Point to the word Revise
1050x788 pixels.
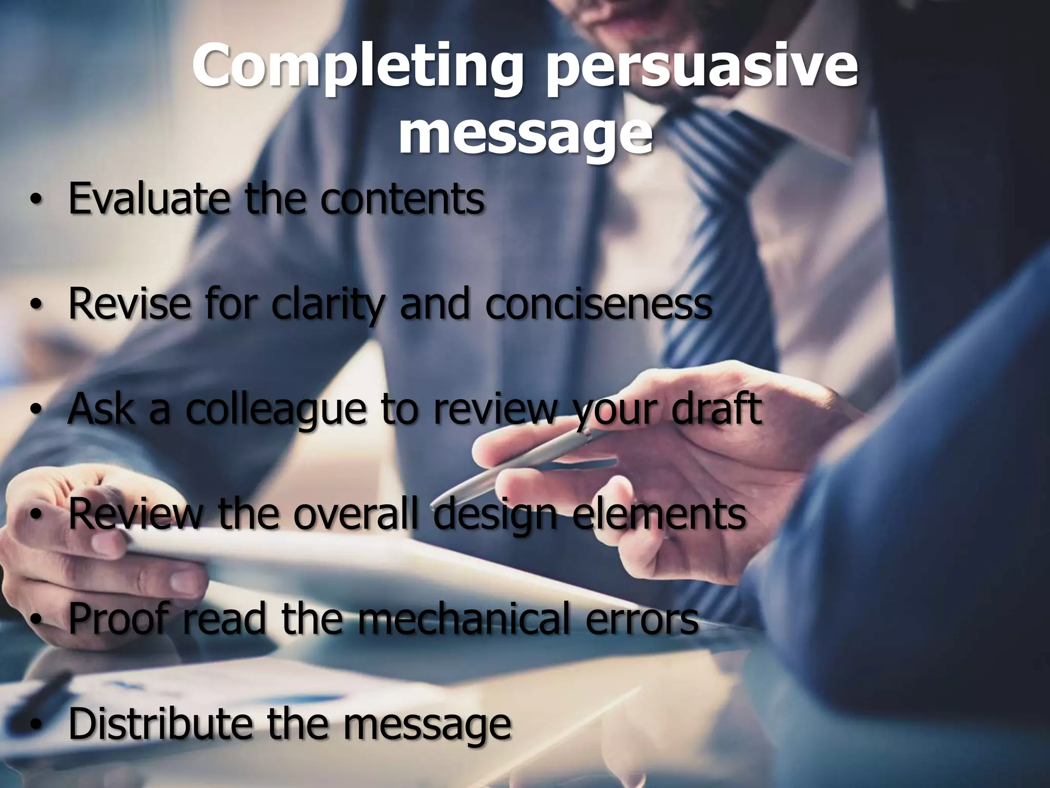(129, 304)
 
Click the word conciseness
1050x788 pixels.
(598, 304)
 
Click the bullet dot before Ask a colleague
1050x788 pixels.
(35, 411)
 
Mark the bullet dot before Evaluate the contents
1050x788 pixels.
(35, 201)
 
